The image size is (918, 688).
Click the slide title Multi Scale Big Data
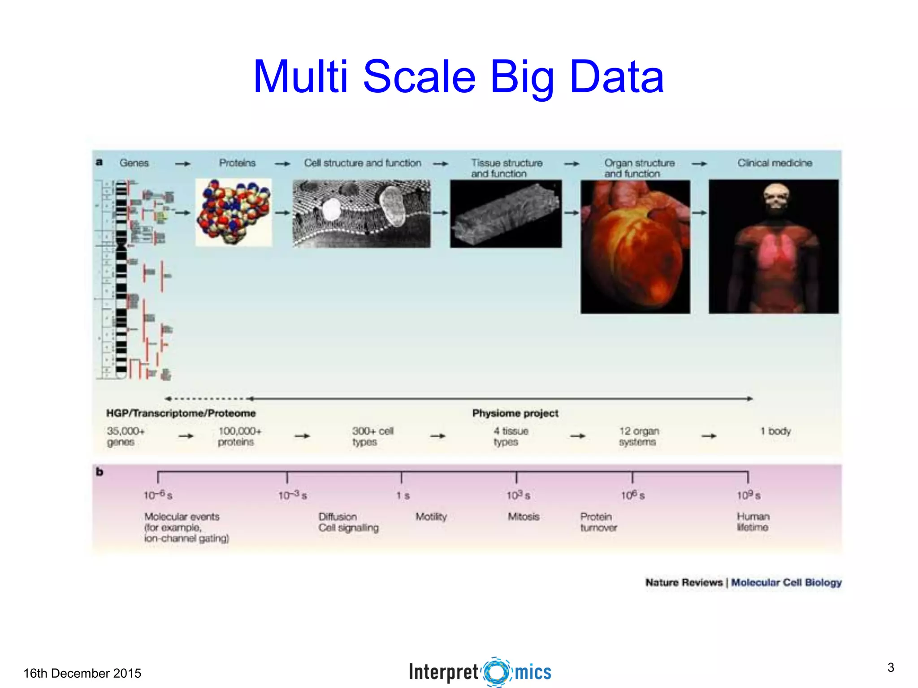coord(458,77)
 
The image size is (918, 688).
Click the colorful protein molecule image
coord(234,212)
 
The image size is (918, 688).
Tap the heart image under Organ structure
coord(635,247)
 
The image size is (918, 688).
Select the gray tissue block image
coord(506,214)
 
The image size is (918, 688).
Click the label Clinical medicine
coord(775,163)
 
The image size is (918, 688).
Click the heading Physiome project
coord(515,413)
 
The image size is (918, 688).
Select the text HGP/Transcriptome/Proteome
coord(181,413)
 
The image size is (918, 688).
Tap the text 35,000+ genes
coord(126,436)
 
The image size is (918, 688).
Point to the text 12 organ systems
coord(639,436)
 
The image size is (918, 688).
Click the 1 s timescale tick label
coord(403,496)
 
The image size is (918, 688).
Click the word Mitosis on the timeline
coord(523,517)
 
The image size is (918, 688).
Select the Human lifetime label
coord(753,522)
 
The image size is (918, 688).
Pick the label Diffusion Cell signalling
coord(348,522)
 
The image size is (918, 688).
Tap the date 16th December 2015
coord(82,673)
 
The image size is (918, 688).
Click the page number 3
coord(891,668)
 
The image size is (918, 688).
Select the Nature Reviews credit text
coord(684,583)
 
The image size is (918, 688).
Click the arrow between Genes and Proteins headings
coord(182,164)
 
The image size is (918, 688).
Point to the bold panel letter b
coord(100,472)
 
